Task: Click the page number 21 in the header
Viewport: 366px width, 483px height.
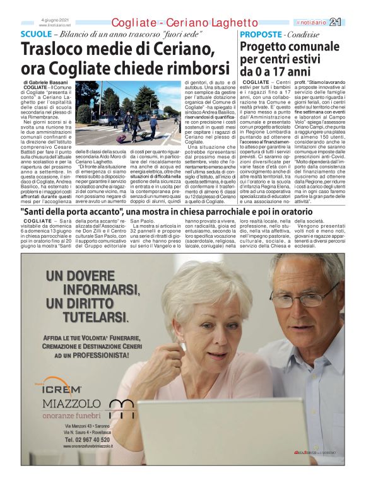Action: [x=353, y=22]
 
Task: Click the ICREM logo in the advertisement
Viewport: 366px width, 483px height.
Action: [x=62, y=388]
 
